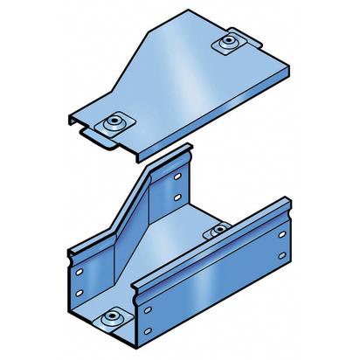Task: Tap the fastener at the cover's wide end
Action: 114,122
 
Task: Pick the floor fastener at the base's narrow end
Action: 218,232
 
